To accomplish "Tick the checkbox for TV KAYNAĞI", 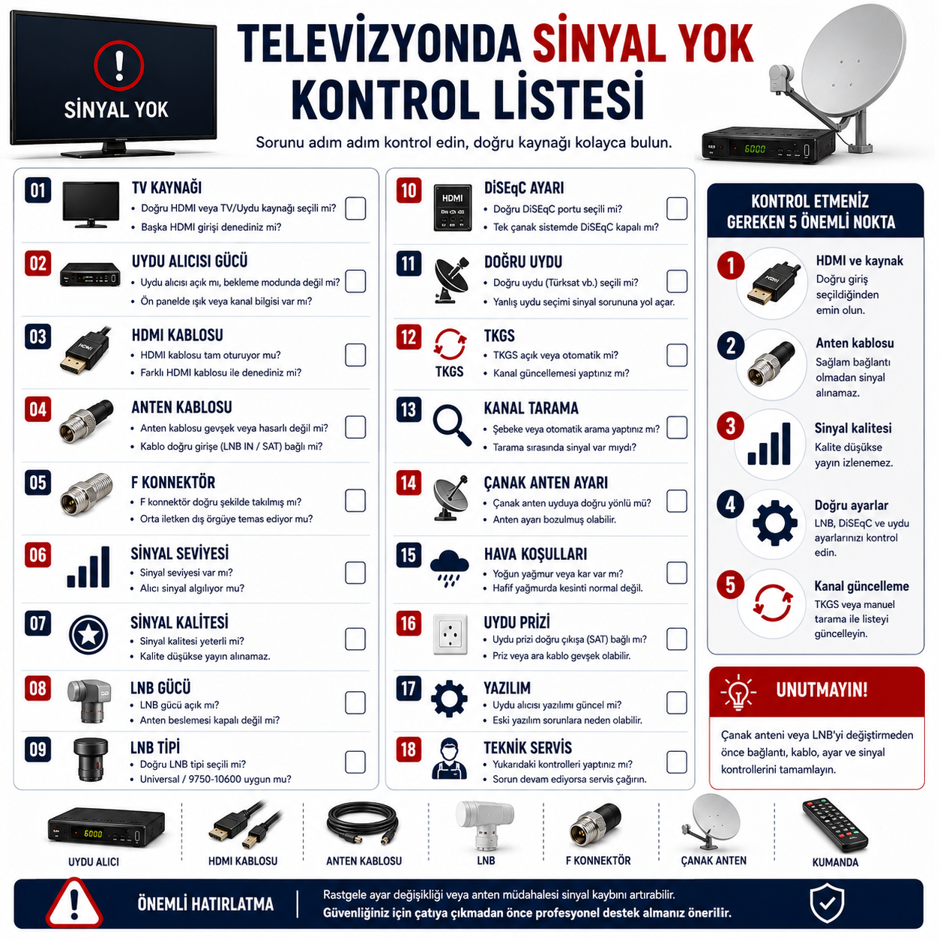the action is click(x=355, y=208).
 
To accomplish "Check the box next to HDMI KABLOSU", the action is click(x=355, y=355).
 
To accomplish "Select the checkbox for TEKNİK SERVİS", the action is click(x=677, y=762).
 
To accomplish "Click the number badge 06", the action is click(x=38, y=555).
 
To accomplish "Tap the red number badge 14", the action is click(x=409, y=483).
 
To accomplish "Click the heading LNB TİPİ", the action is click(x=154, y=747).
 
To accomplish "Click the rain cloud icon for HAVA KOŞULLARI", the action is click(x=449, y=567).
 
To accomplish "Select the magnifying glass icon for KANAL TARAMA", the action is click(x=452, y=425).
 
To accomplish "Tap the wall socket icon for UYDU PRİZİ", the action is click(x=450, y=634).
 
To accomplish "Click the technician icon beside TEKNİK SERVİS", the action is click(x=449, y=758).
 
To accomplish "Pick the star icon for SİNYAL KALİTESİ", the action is click(x=88, y=635).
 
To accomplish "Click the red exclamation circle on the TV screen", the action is click(x=118, y=66).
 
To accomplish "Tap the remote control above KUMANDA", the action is click(x=834, y=825).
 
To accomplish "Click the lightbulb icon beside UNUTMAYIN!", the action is click(x=738, y=691).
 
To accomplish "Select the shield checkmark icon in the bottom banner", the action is click(x=827, y=904).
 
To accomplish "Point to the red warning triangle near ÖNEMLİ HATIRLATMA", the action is click(x=73, y=903).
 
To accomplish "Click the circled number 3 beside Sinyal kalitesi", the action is click(x=730, y=426).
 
